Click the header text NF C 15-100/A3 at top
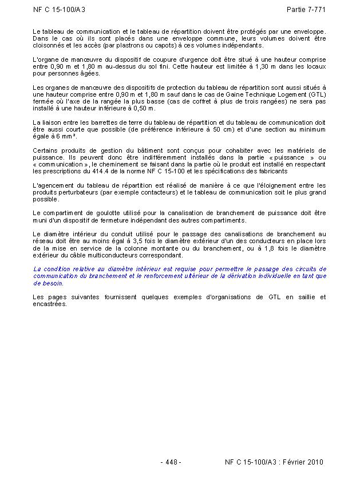[60, 10]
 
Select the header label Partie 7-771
[306, 10]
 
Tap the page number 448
[171, 462]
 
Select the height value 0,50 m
[141, 108]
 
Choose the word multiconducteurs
[117, 255]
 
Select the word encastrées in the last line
[50, 304]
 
